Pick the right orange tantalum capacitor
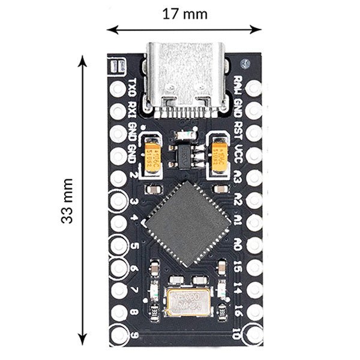[220, 155]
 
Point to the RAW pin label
[239, 84]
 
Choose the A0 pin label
[238, 244]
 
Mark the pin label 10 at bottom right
[238, 332]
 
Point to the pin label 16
[238, 310]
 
